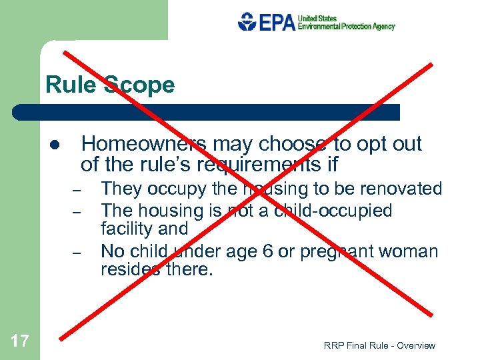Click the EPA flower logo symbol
(246, 21)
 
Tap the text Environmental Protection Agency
(346, 27)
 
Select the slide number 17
(20, 341)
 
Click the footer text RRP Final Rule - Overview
(379, 345)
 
